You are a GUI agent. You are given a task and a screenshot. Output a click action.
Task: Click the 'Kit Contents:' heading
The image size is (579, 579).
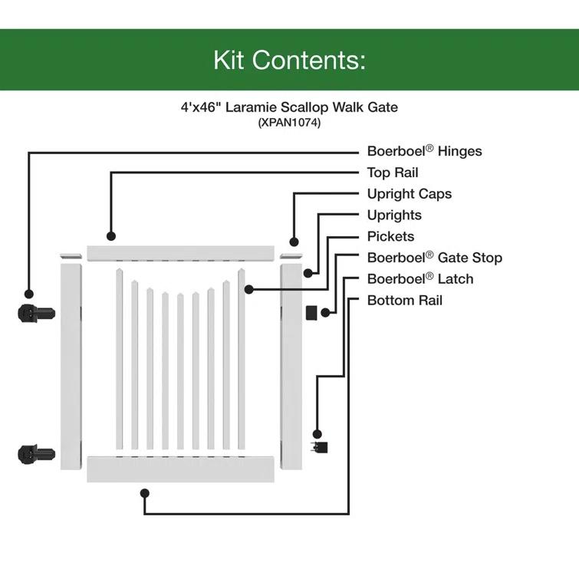[x=289, y=60]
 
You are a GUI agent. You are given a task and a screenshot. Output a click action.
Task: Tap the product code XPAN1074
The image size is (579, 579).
[x=289, y=123]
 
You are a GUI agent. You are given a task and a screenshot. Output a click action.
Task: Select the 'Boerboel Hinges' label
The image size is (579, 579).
[x=424, y=151]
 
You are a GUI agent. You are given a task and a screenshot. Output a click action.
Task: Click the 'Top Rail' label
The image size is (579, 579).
[x=393, y=173]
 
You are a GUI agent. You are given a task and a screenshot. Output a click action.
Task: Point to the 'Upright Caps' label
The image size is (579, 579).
[x=409, y=194]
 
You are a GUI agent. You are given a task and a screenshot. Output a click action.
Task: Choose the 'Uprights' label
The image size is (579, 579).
[x=394, y=215]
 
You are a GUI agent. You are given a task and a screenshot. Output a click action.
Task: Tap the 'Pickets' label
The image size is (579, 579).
[x=390, y=237]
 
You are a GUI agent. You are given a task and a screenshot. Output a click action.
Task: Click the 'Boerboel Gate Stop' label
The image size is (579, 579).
[x=434, y=258]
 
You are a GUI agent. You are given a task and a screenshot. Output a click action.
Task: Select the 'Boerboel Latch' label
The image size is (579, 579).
[x=420, y=279]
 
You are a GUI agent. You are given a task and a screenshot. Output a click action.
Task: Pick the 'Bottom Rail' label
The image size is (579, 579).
[x=405, y=301]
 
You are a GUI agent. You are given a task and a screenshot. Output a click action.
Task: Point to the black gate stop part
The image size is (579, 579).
[x=311, y=312]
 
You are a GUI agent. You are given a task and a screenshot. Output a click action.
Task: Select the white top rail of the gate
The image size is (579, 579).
[x=180, y=252]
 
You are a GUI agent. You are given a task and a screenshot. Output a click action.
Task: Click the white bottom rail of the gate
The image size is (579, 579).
[x=180, y=469]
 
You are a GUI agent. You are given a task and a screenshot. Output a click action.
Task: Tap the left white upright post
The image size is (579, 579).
[x=71, y=366]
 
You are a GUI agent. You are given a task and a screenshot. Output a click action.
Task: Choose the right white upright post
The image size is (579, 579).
[x=291, y=366]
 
